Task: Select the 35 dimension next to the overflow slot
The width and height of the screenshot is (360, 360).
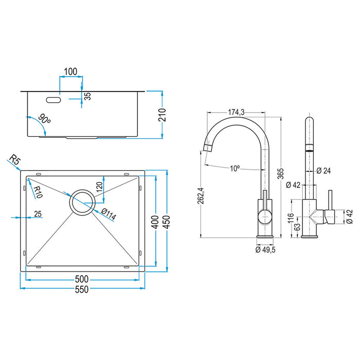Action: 87,96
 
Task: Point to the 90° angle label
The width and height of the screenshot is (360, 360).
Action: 45,120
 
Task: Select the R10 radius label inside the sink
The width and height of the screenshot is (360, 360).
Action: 37,192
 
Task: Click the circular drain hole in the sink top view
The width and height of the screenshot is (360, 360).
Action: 82,202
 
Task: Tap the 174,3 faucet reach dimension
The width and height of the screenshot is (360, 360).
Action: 237,112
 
